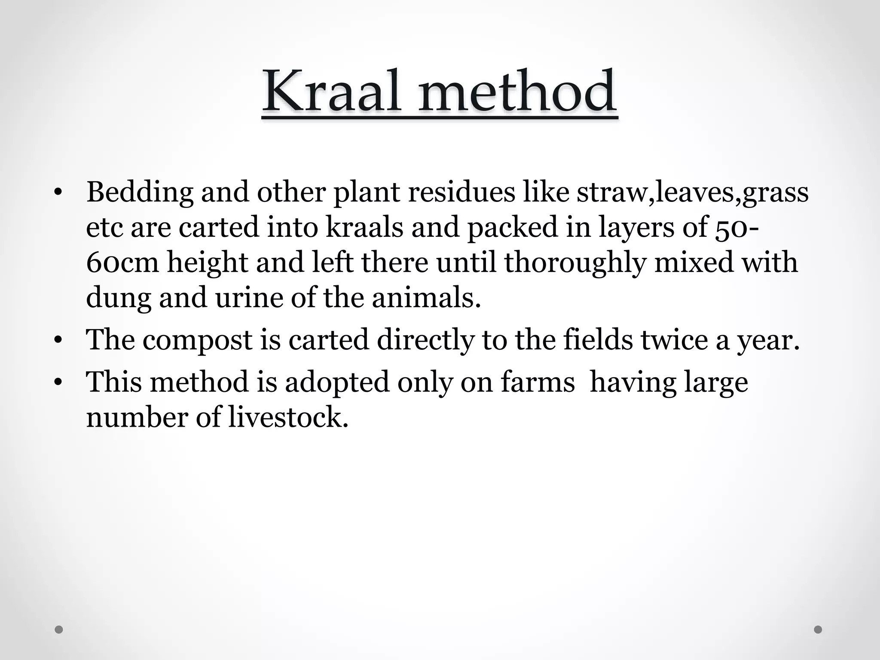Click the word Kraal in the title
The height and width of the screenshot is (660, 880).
pyautogui.click(x=332, y=92)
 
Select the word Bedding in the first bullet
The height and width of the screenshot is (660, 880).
pyautogui.click(x=140, y=192)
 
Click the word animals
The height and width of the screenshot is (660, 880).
pyautogui.click(x=426, y=297)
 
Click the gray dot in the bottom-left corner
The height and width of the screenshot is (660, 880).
pyautogui.click(x=59, y=630)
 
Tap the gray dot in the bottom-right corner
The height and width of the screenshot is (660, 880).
pyautogui.click(x=818, y=630)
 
